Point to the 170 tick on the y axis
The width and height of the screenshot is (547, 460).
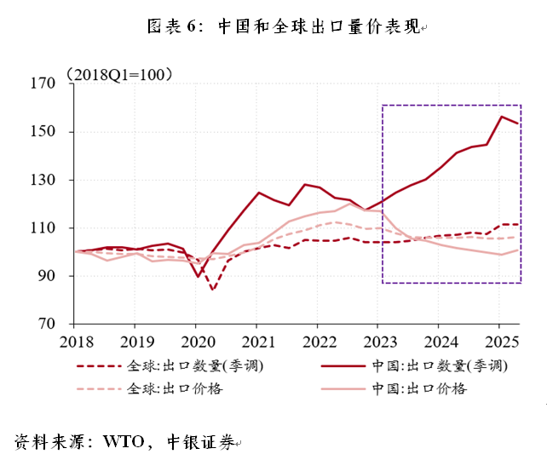42,83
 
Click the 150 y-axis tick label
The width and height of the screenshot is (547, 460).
42,132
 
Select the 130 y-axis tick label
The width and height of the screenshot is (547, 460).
42,181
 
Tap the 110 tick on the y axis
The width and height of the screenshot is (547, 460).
42,228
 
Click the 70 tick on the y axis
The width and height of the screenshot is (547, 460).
45,325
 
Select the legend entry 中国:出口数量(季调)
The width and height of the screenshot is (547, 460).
417,366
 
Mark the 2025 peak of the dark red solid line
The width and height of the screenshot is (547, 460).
502,117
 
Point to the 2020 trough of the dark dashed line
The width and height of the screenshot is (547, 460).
212,290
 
